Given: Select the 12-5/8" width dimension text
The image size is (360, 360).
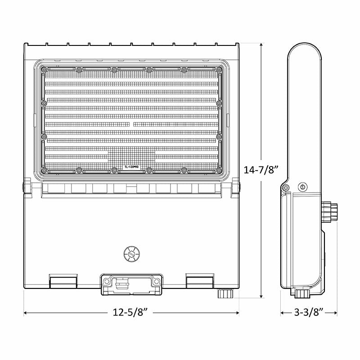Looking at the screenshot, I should [131, 312].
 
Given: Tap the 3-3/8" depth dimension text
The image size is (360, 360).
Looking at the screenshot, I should [309, 312].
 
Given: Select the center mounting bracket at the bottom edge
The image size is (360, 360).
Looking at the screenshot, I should [131, 284].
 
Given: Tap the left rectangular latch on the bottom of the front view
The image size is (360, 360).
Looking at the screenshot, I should [62, 282].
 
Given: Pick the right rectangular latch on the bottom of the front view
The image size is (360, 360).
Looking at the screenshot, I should [200, 282].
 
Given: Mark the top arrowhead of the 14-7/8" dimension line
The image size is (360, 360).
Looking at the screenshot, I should [261, 44].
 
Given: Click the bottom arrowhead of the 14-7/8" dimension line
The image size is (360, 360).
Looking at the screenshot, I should [261, 297].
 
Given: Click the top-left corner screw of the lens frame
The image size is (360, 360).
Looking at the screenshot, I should [44, 70].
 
